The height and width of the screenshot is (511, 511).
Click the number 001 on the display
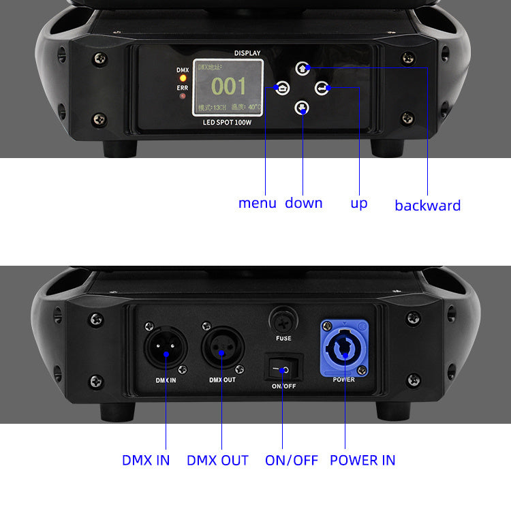coord(228,86)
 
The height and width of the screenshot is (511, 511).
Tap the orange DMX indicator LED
coord(183,79)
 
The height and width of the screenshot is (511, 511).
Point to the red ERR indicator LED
coord(183,96)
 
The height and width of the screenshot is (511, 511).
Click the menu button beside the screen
coord(282,87)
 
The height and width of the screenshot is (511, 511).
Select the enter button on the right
coord(322,87)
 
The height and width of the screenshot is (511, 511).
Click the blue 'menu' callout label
coord(257,203)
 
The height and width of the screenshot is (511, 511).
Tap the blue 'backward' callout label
coord(427,205)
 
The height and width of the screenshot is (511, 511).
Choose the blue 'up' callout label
coord(358,203)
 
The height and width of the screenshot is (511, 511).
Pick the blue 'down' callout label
coord(303,203)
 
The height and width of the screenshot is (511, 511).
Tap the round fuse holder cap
coord(283,320)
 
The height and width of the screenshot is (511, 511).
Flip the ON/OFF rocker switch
coord(282,371)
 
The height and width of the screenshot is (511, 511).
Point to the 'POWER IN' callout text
coord(362,460)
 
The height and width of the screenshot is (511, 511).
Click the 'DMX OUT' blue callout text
coord(217,460)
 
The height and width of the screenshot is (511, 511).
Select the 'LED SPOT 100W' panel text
coord(228,123)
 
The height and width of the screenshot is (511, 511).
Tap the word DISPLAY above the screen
coord(247,52)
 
